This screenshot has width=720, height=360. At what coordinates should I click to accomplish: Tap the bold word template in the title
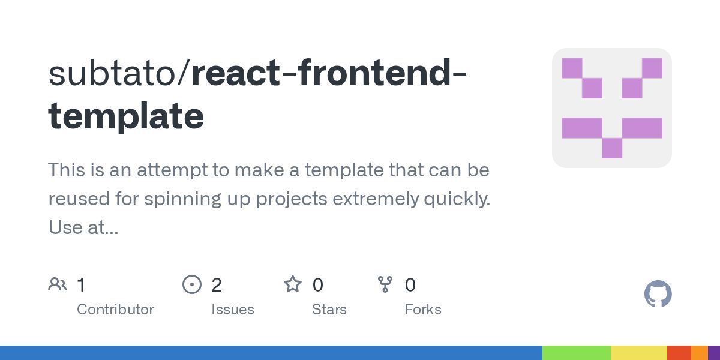(126, 116)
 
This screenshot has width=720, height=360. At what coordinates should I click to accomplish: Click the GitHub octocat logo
(658, 294)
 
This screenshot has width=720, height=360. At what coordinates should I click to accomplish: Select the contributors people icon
(58, 284)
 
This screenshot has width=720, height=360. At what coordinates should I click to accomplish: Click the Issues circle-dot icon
(191, 284)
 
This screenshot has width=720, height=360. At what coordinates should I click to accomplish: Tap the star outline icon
(293, 284)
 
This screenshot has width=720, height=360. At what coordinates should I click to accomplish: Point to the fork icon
(385, 284)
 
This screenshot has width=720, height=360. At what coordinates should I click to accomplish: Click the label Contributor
(115, 310)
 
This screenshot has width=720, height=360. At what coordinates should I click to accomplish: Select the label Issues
(233, 310)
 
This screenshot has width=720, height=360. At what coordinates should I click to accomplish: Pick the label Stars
(329, 310)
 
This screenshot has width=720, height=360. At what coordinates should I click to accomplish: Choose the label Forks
(423, 310)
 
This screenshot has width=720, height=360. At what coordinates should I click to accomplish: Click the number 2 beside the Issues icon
(217, 285)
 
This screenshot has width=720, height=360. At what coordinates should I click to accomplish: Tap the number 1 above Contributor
(81, 285)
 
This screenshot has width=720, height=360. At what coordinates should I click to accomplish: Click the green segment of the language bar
(576, 353)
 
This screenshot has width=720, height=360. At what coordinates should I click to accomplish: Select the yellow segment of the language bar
(638, 353)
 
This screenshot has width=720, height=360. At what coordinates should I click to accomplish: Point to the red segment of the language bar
(679, 353)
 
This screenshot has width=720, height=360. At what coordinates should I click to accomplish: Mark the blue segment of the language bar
(270, 353)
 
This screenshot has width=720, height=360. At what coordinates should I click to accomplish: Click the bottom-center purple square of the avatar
(612, 148)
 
